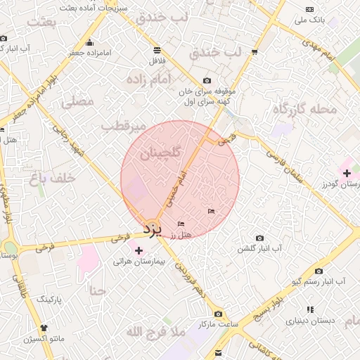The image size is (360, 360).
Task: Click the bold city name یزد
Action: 153,229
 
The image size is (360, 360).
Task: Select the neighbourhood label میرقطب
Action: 122,127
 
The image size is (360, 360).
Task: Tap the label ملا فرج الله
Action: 155,330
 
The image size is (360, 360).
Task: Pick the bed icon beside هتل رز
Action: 181,224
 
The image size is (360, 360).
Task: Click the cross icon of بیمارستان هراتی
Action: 139,250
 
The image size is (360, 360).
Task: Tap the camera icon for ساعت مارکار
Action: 218,314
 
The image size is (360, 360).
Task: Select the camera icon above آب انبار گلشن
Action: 259,238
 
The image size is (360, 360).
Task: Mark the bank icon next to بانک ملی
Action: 310,9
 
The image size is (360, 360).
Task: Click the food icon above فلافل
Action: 155,51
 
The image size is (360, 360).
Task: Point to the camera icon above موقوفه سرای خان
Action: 206,81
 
